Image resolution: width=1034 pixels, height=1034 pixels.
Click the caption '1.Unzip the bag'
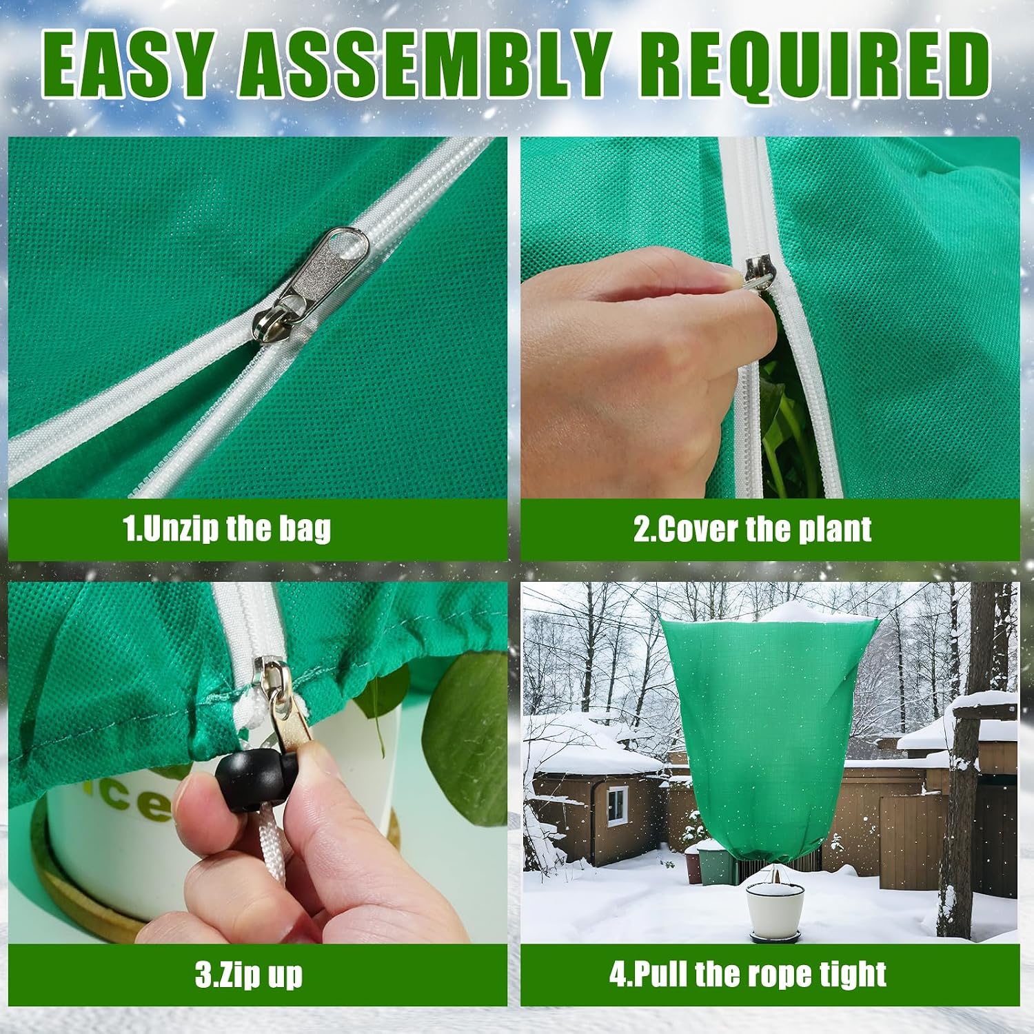point(227,529)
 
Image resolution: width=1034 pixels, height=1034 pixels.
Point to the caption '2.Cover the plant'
point(752,529)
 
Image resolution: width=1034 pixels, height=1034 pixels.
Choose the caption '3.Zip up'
point(248,975)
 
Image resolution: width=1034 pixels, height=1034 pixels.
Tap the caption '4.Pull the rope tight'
point(748,974)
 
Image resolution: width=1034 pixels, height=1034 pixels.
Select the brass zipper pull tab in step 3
point(293,717)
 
